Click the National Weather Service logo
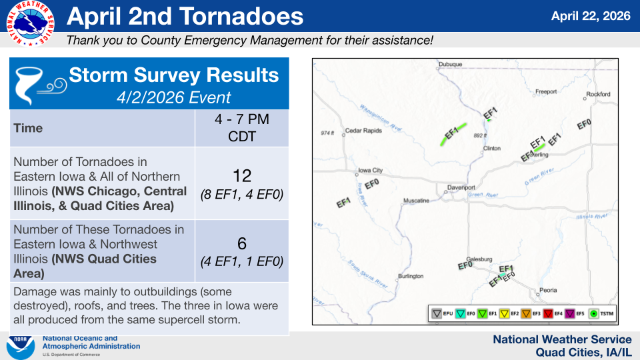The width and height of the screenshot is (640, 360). click(30, 23)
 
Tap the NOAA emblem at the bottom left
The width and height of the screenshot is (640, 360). click(21, 347)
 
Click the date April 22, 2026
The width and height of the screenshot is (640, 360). click(591, 16)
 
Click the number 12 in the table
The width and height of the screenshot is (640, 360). click(241, 176)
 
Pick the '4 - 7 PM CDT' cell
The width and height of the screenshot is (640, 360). click(241, 128)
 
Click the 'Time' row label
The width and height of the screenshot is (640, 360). click(28, 128)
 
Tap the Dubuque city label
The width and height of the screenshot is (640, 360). click(450, 65)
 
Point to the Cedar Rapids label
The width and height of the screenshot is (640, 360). click(363, 131)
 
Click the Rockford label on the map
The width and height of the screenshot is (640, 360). click(598, 94)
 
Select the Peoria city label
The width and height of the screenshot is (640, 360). click(548, 290)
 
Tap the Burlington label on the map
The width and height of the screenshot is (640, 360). click(411, 276)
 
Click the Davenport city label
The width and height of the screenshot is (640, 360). click(461, 188)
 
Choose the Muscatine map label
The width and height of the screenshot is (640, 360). click(416, 201)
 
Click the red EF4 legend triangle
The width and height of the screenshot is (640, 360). click(548, 313)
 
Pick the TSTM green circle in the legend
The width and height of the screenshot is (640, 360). click(593, 313)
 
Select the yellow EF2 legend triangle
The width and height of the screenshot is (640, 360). click(504, 313)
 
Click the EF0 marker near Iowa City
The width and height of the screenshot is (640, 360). click(372, 184)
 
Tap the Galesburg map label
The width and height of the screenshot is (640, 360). click(479, 259)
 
